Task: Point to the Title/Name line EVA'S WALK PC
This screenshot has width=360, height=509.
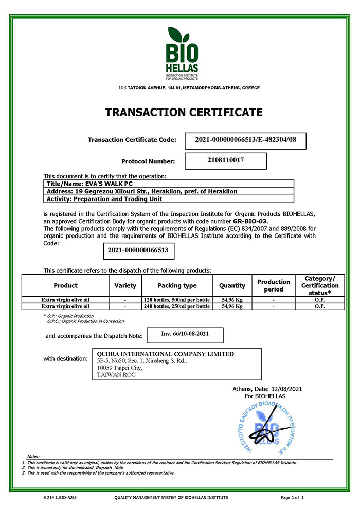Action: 93,184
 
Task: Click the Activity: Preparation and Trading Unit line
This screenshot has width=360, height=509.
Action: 111,199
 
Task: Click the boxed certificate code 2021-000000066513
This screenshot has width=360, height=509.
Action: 139,251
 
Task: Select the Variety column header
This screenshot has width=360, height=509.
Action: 125,285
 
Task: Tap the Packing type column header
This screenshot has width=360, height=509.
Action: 177,285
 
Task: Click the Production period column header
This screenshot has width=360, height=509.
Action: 274,285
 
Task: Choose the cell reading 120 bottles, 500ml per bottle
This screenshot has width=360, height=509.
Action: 177,299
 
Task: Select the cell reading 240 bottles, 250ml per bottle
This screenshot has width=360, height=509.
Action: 177,306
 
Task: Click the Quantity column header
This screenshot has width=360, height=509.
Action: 232,285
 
